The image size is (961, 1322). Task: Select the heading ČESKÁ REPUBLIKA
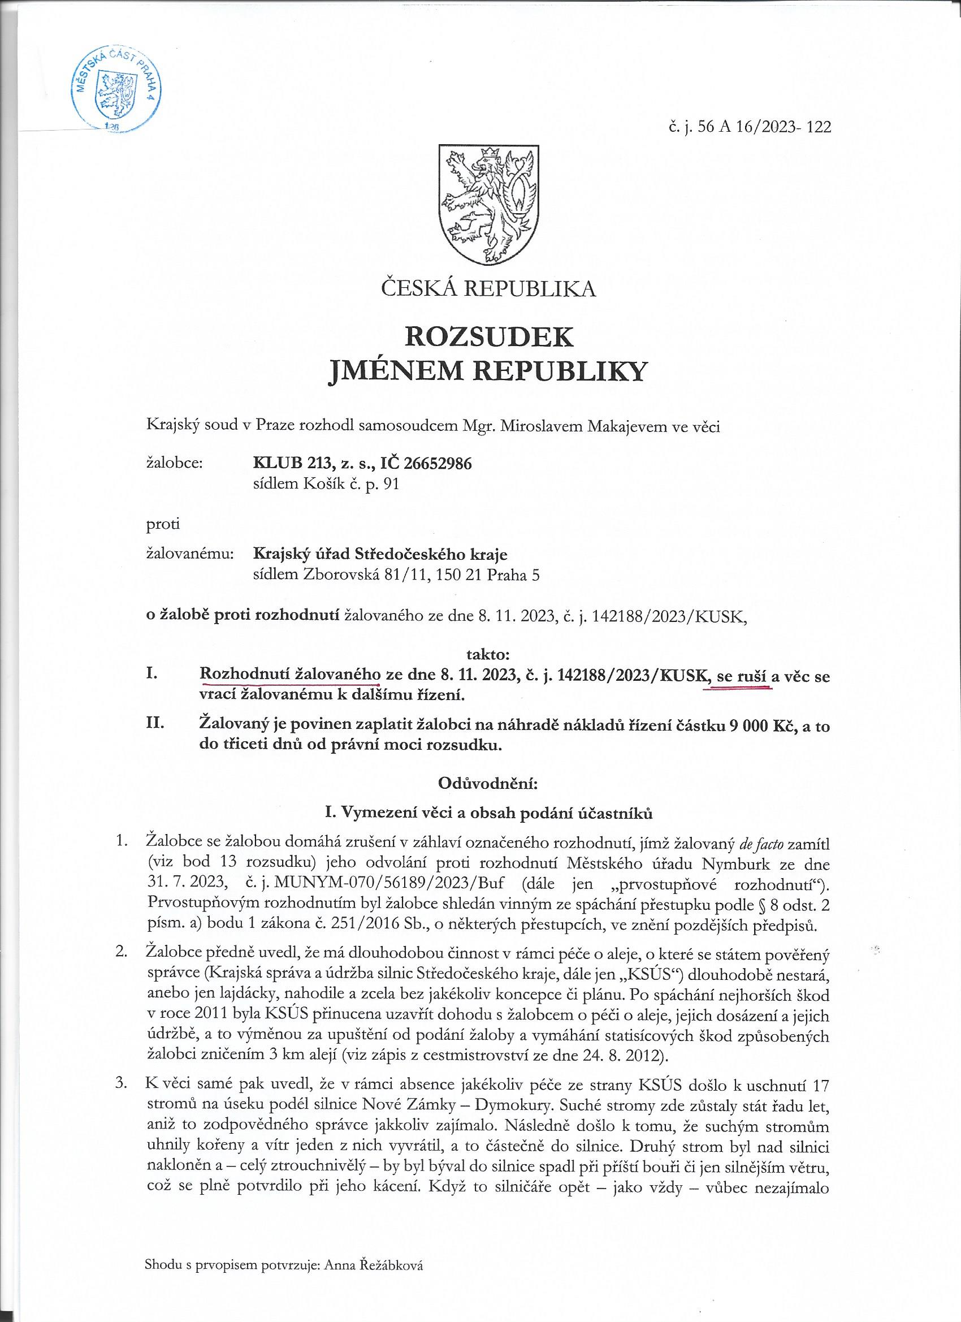tap(488, 288)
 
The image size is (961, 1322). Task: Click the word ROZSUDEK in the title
tap(488, 336)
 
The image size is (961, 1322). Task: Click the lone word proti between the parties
tap(163, 524)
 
